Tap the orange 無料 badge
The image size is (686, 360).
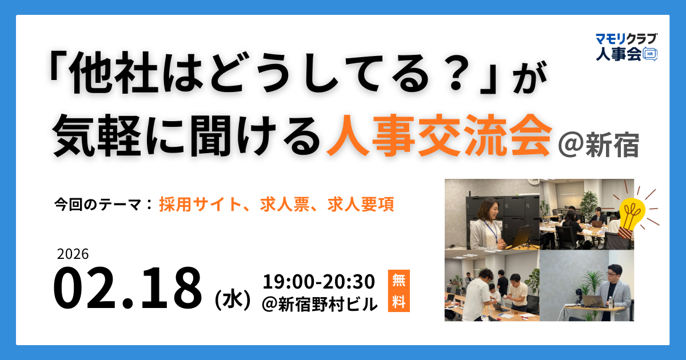(x=398, y=291)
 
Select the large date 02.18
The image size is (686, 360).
(x=128, y=289)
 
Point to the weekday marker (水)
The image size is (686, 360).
(x=232, y=299)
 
